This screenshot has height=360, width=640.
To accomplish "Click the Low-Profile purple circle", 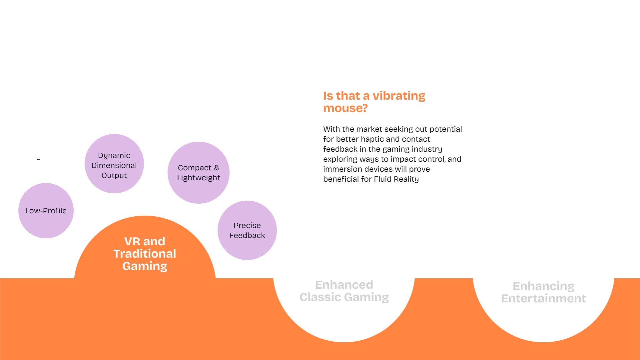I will click(46, 211).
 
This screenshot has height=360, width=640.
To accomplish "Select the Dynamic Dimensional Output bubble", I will click(114, 164).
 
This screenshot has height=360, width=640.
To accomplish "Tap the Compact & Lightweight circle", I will click(199, 173).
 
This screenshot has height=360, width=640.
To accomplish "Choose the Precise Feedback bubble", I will click(247, 230).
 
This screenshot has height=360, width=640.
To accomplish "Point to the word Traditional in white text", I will click(145, 254).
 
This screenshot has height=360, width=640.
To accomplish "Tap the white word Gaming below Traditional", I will click(145, 266).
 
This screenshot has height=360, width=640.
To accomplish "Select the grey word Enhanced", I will click(344, 285).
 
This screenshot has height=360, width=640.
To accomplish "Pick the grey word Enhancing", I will click(543, 286).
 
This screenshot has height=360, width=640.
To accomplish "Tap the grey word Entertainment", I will click(543, 298).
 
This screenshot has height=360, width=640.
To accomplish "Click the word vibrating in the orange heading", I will click(399, 96).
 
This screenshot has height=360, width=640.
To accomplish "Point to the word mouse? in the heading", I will click(345, 108).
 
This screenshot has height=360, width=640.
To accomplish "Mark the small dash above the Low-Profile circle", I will click(38, 159).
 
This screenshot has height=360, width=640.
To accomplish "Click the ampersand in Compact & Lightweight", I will click(217, 168).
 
